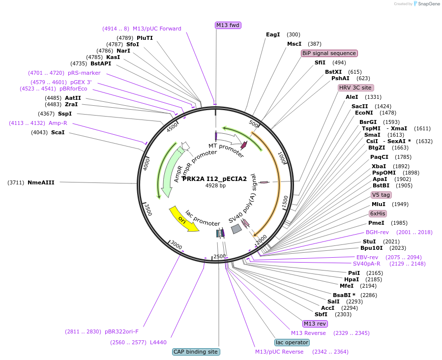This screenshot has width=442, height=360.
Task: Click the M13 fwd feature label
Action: point(228,25)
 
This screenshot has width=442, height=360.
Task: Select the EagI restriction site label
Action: point(273,34)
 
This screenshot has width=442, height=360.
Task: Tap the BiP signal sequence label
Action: point(329,53)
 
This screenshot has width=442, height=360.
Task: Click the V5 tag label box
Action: point(381,195)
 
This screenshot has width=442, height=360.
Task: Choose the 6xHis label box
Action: point(378,213)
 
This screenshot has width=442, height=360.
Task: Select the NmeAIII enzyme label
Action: point(41,182)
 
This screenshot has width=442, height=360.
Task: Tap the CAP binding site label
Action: point(195,352)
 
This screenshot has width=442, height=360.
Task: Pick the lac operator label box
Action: point(292,342)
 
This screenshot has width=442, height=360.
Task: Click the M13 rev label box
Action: point(315,324)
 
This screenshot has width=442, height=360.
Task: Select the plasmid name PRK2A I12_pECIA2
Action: point(214,179)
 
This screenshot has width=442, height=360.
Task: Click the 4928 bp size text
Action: point(215,186)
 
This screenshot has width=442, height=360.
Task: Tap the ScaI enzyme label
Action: point(58,132)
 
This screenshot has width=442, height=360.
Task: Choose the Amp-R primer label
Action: point(58,123)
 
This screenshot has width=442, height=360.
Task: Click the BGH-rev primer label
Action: point(377,232)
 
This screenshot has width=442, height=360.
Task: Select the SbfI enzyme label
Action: point(321,314)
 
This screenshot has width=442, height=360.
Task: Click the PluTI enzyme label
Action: point(145,38)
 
